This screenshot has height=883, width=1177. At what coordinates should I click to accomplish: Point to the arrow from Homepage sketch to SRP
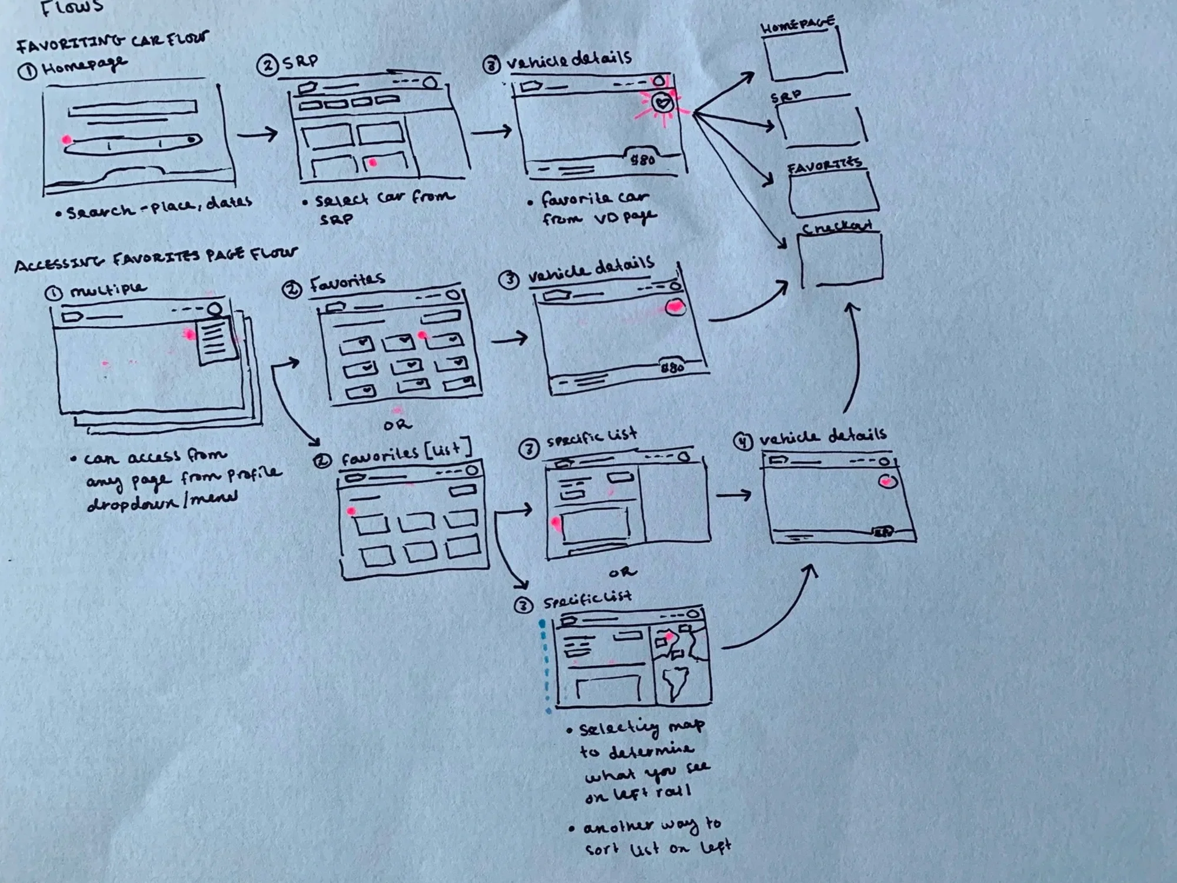click(257, 134)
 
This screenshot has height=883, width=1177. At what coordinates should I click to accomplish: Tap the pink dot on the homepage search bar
click(67, 140)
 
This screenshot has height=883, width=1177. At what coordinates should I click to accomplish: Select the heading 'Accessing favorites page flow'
click(156, 259)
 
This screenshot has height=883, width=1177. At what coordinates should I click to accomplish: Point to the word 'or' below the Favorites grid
click(398, 424)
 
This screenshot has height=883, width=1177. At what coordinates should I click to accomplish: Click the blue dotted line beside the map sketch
click(545, 665)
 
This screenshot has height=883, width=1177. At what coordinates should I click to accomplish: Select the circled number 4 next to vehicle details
click(744, 441)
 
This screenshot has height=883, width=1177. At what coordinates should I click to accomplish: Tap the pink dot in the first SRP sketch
click(373, 162)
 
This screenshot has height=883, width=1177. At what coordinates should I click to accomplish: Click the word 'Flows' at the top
click(72, 7)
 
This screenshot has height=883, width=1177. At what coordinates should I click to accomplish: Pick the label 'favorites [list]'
click(406, 453)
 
